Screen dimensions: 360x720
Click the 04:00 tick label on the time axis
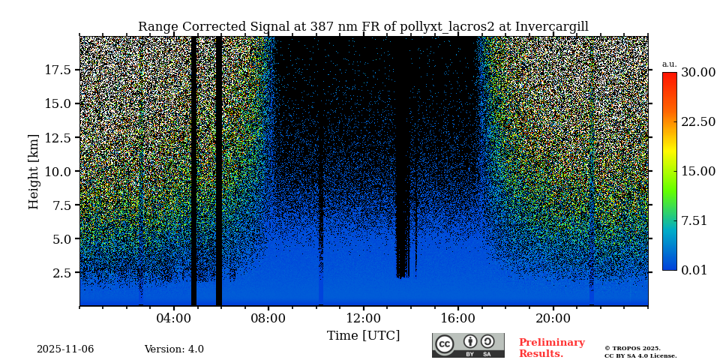[174, 318]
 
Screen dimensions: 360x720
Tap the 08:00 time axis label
[268, 318]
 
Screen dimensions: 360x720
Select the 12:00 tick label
[363, 318]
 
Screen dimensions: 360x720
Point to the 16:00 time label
[458, 318]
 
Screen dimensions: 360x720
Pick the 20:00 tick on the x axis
[553, 318]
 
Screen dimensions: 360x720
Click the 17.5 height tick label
[58, 70]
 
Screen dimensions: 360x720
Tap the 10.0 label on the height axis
[58, 171]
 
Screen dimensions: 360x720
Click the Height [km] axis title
[34, 172]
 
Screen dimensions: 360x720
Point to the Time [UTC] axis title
[363, 335]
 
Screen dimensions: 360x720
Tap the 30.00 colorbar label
[697, 73]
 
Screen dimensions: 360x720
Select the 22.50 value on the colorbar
[697, 122]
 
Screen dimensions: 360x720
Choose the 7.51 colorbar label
[694, 220]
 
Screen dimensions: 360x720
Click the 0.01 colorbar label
[694, 270]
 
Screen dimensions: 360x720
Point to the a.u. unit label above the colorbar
[669, 64]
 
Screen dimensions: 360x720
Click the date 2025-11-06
[65, 349]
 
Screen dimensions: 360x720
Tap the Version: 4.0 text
[174, 349]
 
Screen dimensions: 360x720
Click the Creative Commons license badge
[468, 345]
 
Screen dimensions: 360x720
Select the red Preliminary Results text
[551, 348]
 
